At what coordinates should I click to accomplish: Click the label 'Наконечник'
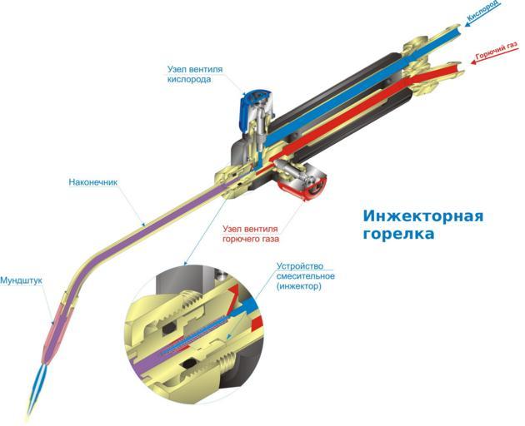pos(93,182)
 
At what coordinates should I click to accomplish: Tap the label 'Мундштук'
pos(21,280)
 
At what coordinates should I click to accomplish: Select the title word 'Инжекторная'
pos(423,216)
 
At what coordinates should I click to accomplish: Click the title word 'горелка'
pos(399,234)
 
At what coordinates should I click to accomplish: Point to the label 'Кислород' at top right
pos(484,11)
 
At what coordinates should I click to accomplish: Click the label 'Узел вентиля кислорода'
pos(195,74)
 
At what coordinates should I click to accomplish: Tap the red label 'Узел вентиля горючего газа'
pos(251,234)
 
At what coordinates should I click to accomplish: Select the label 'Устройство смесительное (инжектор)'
pos(305,276)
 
